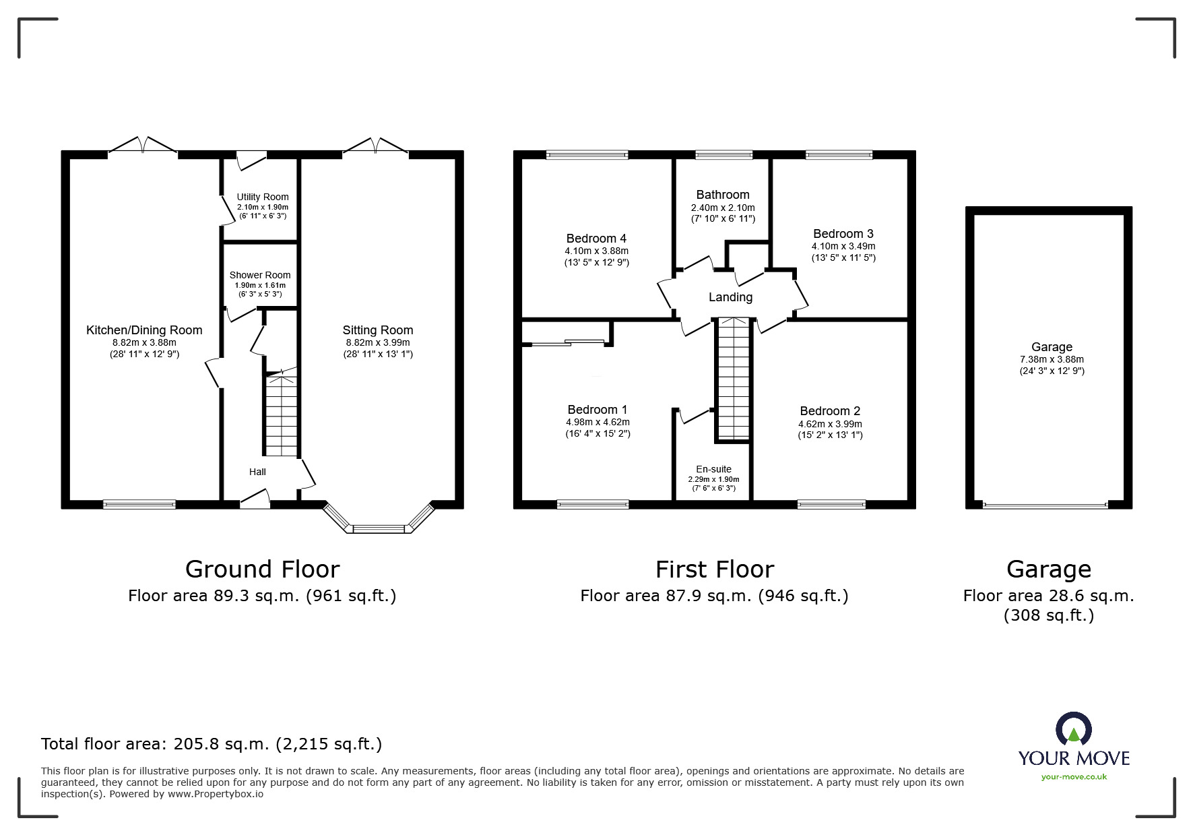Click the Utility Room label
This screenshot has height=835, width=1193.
pos(263,197)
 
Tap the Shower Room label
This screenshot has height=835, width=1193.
pos(260,275)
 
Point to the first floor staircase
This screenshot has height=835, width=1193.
pos(732,378)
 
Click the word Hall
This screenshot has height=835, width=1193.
pos(257,472)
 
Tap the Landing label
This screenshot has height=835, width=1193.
pos(730,297)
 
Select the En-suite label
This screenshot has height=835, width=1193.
pos(713,469)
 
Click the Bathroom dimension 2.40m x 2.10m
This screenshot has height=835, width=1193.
pos(723,208)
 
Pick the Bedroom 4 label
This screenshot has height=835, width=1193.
pos(596,239)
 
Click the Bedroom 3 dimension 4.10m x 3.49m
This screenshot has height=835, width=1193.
pos(843,247)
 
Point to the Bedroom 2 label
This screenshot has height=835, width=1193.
pos(830,411)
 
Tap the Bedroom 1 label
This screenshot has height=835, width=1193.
pos(598,410)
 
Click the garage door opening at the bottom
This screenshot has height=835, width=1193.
pos(1045,504)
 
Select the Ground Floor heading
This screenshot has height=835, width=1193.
pos(262,569)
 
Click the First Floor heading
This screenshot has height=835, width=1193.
pos(715,569)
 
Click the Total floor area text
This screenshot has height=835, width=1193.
pos(212,744)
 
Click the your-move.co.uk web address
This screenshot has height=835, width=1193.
pos(1074,777)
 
